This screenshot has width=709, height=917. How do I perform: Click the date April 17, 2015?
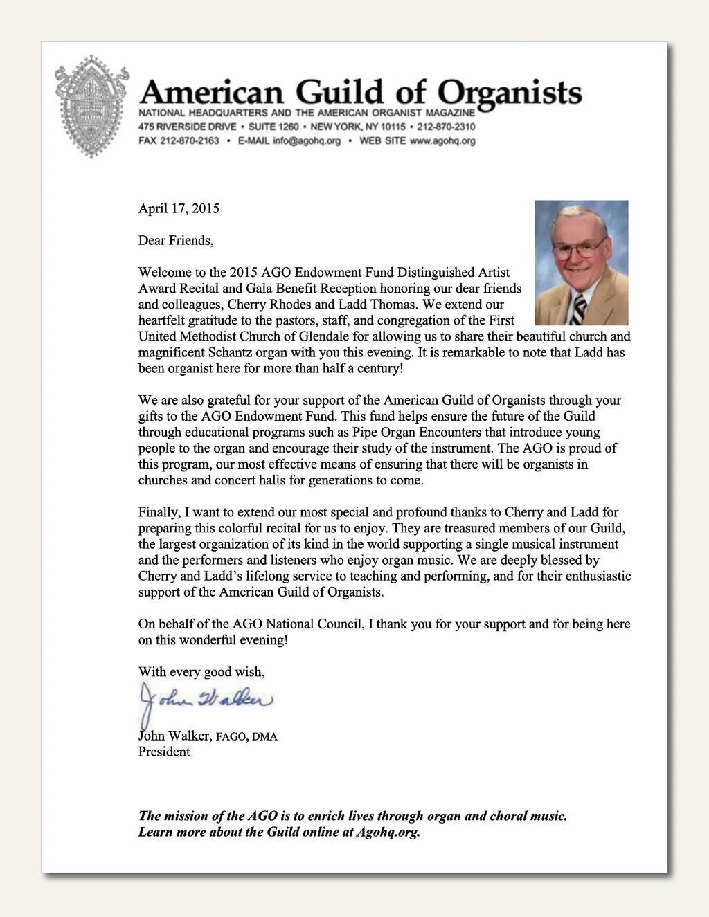179,208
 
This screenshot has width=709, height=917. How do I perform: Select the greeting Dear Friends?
176,240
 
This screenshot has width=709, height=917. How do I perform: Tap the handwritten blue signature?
206,699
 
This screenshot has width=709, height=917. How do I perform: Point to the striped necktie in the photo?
579,309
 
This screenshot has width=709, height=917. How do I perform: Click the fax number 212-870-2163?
189,140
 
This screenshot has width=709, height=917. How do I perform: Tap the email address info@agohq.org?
307,140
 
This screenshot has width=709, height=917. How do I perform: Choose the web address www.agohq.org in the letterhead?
442,140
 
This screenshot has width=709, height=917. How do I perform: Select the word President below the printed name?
164,752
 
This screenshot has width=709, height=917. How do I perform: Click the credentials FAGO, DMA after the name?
246,736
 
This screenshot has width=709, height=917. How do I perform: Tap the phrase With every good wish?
201,671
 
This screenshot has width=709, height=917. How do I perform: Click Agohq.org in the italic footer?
388,832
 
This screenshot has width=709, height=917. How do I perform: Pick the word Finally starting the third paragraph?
159,512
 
